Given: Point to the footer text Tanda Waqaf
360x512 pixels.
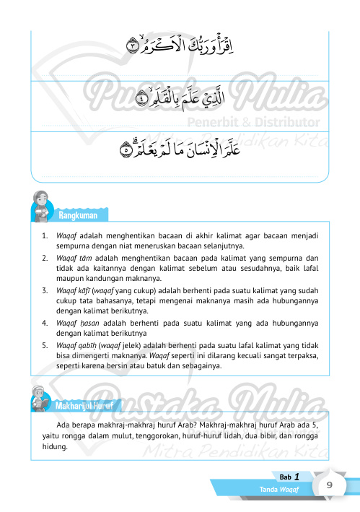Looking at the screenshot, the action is pyautogui.click(x=281, y=491).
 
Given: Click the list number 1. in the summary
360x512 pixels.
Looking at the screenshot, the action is pyautogui.click(x=45, y=235).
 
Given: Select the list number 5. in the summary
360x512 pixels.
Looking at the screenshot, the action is pyautogui.click(x=45, y=345).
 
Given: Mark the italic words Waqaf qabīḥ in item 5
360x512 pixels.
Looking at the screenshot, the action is pyautogui.click(x=72, y=345).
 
